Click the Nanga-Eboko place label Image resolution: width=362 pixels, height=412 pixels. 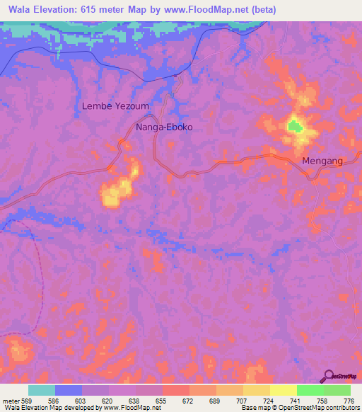coord(164,128)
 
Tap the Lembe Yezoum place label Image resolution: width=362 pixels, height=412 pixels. coord(116,105)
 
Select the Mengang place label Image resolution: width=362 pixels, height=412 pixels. coord(322,161)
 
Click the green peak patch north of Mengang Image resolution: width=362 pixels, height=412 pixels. coord(293,127)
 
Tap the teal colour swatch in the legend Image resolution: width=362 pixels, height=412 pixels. coord(42,390)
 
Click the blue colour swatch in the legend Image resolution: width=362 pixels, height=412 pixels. coord(69,390)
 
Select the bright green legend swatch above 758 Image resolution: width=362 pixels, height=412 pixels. coord(310,390)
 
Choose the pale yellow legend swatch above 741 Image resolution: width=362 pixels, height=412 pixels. coord(283,390)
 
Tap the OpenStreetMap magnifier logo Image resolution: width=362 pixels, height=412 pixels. coord(327,377)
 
